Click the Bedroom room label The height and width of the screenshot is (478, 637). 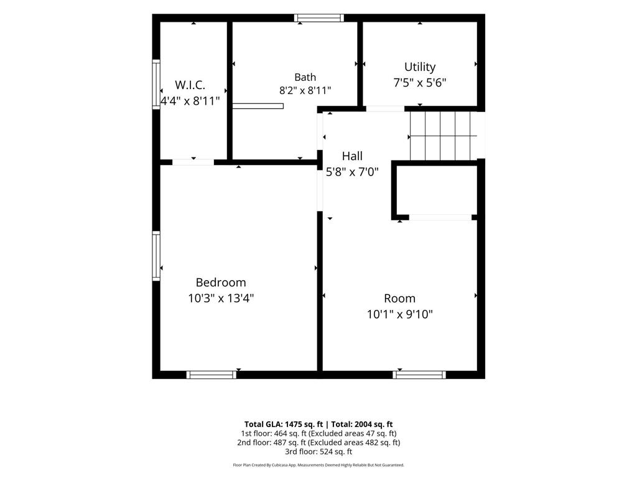pyautogui.click(x=221, y=283)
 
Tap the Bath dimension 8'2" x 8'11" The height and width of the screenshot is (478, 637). pyautogui.click(x=305, y=90)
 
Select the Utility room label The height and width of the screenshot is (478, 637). pyautogui.click(x=420, y=67)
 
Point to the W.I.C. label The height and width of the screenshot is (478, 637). pyautogui.click(x=190, y=85)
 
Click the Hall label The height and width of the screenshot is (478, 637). pyautogui.click(x=352, y=156)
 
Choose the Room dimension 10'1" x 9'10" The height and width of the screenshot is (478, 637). pyautogui.click(x=400, y=314)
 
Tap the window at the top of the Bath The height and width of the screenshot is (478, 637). pyautogui.click(x=319, y=18)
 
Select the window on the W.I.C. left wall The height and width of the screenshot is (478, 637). pyautogui.click(x=156, y=84)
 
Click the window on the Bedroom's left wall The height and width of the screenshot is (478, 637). pyautogui.click(x=156, y=256)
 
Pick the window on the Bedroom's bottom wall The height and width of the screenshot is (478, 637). pyautogui.click(x=212, y=375)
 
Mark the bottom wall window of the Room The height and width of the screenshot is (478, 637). pyautogui.click(x=419, y=375)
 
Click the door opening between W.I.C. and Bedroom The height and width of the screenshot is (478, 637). pyautogui.click(x=193, y=162)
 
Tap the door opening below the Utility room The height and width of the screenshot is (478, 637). pyautogui.click(x=385, y=109)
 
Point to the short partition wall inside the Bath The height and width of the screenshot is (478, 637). pyautogui.click(x=258, y=106)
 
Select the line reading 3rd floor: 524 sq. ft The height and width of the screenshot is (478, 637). pyautogui.click(x=318, y=452)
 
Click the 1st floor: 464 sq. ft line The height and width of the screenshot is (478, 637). pyautogui.click(x=274, y=434)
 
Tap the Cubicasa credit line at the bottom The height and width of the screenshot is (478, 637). pyautogui.click(x=318, y=465)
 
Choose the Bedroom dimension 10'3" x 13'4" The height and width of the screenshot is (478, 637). pyautogui.click(x=221, y=298)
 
